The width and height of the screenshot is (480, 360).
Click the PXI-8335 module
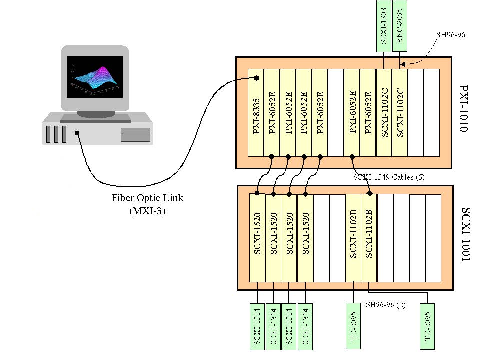(x=256, y=113)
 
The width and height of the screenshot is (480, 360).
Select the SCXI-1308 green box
(x=384, y=26)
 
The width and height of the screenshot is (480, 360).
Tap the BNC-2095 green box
(x=400, y=26)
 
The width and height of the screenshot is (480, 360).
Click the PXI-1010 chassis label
(x=464, y=108)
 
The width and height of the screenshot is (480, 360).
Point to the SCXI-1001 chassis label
(x=465, y=235)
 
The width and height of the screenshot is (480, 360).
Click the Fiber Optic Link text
(x=147, y=198)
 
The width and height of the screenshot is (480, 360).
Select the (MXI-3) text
(x=147, y=211)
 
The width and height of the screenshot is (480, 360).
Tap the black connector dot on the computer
(x=77, y=133)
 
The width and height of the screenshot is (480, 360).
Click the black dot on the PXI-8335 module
(x=257, y=78)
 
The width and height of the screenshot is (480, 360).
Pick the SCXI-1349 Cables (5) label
(x=389, y=177)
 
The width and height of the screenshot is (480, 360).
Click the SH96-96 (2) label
(x=386, y=305)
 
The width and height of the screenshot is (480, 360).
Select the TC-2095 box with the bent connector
(x=427, y=326)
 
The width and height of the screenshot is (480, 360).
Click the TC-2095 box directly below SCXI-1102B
(x=353, y=326)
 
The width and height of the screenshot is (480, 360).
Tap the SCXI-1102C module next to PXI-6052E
(x=384, y=113)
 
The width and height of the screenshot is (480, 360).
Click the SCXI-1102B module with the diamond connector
(x=369, y=238)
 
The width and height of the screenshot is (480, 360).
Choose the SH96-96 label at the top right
(x=450, y=35)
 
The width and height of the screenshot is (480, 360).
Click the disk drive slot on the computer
(x=135, y=135)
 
